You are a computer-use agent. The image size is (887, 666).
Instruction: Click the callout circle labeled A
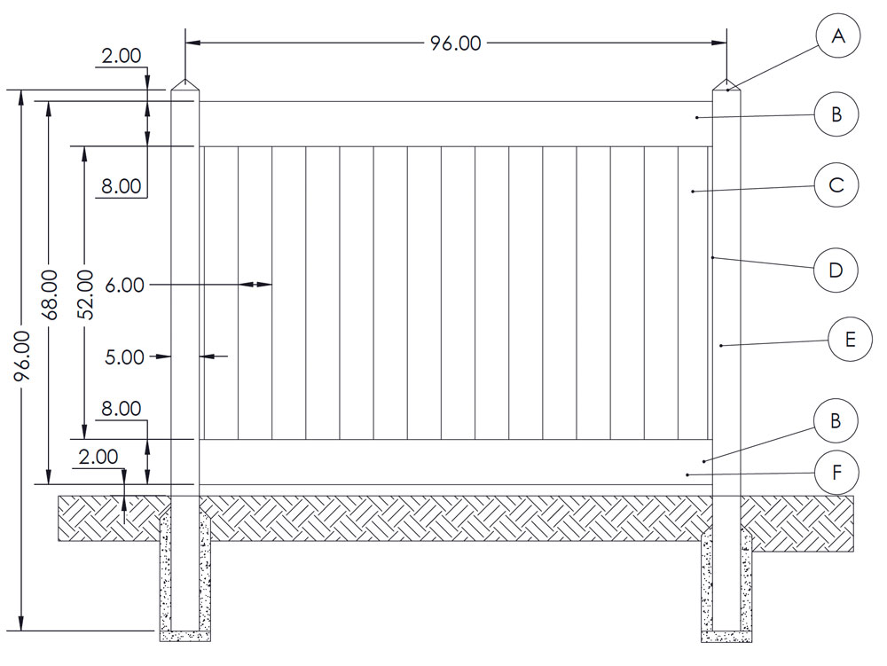click(836, 37)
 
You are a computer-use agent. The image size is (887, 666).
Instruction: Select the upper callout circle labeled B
click(836, 114)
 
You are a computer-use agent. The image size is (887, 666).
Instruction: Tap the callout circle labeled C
click(836, 185)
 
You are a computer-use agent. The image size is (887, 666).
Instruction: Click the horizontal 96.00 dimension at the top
click(456, 43)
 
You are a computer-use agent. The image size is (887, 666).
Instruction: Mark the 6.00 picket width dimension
click(124, 285)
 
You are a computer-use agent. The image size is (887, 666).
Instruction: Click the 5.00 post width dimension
click(124, 357)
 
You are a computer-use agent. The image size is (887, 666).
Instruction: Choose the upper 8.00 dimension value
click(121, 186)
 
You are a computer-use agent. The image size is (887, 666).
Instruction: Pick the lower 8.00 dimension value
click(121, 409)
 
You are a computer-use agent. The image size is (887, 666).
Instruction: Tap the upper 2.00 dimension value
click(121, 56)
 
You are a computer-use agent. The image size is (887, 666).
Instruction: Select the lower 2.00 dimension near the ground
click(98, 458)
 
